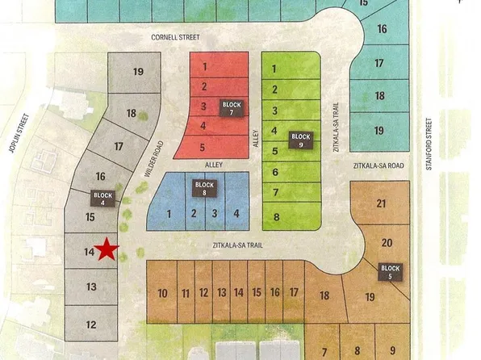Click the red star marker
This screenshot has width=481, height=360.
click(107, 250)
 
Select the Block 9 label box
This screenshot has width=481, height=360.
click(300, 140)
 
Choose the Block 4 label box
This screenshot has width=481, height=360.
click(102, 199)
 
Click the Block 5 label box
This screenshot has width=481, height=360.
click(390, 272)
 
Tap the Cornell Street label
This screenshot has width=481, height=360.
click(174, 37)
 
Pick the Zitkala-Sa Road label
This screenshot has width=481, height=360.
click(377, 166)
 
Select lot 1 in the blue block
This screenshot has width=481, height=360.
click(169, 214)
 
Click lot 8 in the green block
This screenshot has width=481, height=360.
click(276, 217)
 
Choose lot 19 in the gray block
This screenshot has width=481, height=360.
click(138, 72)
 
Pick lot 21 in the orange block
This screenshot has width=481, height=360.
click(381, 205)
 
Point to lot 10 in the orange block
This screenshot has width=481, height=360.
click(162, 294)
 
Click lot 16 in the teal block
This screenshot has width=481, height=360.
click(381, 29)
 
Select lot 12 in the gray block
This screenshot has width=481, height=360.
click(90, 325)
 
